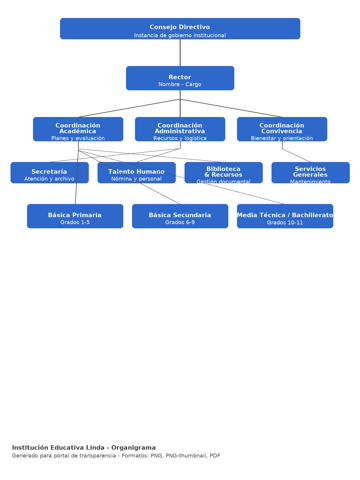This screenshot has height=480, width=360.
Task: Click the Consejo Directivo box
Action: click(x=180, y=28)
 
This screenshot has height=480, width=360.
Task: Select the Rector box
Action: click(x=180, y=78)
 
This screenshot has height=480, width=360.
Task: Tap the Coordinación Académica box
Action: click(x=78, y=129)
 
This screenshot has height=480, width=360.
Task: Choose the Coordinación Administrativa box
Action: click(x=180, y=129)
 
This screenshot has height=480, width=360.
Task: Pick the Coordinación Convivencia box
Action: click(x=282, y=129)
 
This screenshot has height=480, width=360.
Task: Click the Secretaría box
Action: click(x=49, y=173)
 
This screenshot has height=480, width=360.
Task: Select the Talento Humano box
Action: click(x=136, y=173)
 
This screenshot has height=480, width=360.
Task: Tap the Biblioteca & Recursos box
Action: click(x=223, y=173)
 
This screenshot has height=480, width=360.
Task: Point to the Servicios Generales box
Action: click(x=310, y=173)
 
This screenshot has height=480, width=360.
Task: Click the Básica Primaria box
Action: click(x=75, y=216)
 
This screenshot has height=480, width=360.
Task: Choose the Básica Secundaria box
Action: click(x=180, y=216)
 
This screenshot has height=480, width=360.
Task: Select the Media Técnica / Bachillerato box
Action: click(x=285, y=216)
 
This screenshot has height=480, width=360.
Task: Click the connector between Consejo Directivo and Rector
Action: click(x=180, y=53)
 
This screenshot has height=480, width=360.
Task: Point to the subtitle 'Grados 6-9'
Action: click(x=180, y=223)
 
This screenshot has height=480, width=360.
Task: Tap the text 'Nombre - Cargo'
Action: click(x=180, y=85)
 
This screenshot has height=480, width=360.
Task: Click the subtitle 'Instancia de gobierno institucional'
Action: click(x=180, y=35)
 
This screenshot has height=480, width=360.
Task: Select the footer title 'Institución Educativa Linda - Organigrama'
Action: click(x=84, y=448)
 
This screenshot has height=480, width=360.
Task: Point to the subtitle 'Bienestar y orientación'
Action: click(x=282, y=138)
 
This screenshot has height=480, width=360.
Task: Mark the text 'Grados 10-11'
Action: click(x=285, y=223)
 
